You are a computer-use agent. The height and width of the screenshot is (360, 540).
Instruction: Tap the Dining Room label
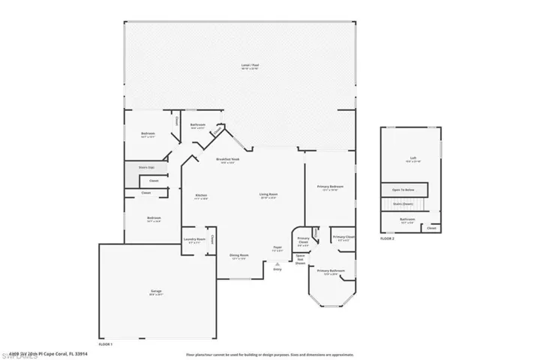pyautogui.click(x=239, y=256)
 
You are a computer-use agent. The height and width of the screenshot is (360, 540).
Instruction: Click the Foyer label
pyautogui.click(x=277, y=248)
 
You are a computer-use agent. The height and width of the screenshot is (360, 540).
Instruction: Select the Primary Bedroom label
pyautogui.click(x=330, y=187)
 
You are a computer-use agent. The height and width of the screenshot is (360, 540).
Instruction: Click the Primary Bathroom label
pyautogui.click(x=331, y=271)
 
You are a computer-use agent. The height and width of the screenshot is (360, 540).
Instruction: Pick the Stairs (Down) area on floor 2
pyautogui.click(x=403, y=203)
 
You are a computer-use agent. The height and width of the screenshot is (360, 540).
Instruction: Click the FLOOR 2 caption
pyautogui.click(x=387, y=238)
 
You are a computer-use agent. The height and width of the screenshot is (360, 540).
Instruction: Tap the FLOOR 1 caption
pyautogui.click(x=105, y=343)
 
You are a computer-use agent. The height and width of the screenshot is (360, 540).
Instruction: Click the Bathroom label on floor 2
pyautogui.click(x=408, y=220)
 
